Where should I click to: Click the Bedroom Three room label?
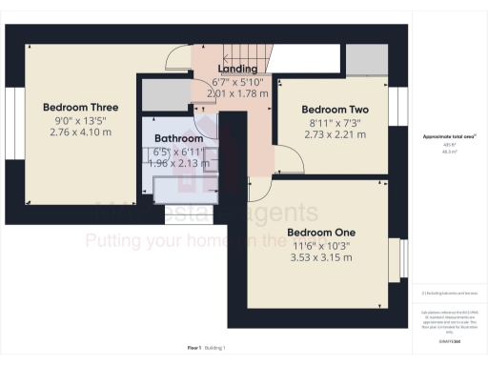(x=80, y=108)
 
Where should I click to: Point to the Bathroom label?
(x=179, y=138)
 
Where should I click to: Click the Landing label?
(x=237, y=70)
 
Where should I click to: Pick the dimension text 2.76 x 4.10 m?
(x=80, y=132)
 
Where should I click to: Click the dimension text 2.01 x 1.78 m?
(x=237, y=93)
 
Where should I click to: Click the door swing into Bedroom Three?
(x=176, y=59)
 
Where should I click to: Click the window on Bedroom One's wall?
(x=394, y=262)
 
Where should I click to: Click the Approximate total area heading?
(x=449, y=137)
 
